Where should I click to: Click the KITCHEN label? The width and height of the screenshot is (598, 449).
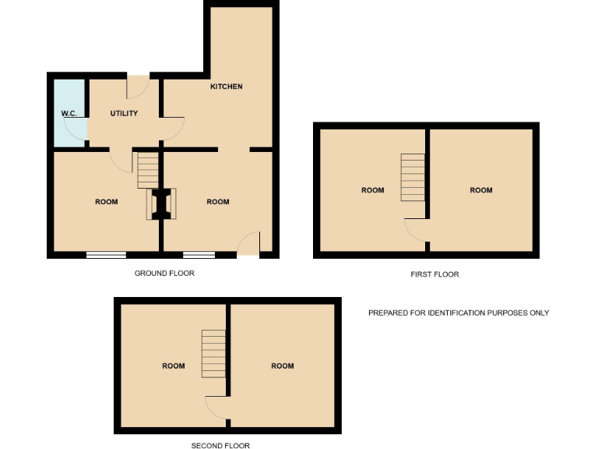click(226, 87)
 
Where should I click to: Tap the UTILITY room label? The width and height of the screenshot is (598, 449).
click(124, 114)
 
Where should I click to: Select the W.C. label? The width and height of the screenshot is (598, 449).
click(69, 114)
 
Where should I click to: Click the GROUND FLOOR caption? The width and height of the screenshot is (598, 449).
click(164, 274)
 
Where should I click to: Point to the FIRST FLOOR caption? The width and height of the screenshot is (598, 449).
click(434, 274)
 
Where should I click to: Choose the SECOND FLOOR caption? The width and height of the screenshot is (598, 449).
click(220, 446)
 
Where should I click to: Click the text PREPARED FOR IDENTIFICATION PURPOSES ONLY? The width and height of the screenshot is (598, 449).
click(459, 313)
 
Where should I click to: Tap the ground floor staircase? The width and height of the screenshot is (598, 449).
click(148, 170)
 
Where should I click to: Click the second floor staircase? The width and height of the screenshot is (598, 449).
click(213, 352)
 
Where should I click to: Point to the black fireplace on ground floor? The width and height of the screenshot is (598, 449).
click(162, 204)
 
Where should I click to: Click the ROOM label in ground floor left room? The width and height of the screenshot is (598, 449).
click(107, 202)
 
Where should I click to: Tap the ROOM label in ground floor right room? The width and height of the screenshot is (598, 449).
click(218, 202)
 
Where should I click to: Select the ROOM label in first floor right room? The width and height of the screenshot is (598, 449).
click(481, 190)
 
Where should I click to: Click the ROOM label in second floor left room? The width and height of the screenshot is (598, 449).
click(174, 366)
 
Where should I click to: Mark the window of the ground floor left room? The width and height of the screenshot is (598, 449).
click(106, 254)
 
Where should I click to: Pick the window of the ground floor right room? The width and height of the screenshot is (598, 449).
click(199, 254)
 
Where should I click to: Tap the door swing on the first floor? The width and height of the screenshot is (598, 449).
click(415, 231)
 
